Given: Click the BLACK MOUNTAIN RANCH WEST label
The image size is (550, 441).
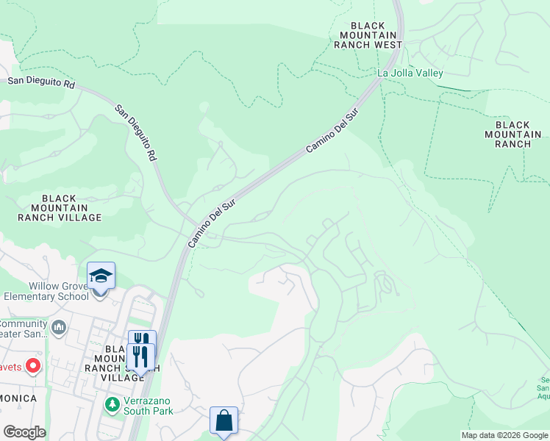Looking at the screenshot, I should [x=368, y=35].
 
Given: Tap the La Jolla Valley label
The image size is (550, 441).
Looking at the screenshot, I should [x=410, y=73].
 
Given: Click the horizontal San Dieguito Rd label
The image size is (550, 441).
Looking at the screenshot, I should [x=42, y=84].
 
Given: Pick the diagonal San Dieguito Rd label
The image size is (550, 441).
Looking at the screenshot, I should [x=136, y=132].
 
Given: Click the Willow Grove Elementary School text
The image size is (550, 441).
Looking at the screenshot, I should [x=46, y=292].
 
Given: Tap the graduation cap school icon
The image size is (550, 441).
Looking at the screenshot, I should [x=101, y=276].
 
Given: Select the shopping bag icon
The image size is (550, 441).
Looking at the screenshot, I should [x=224, y=421].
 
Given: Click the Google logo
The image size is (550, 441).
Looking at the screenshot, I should [x=24, y=432].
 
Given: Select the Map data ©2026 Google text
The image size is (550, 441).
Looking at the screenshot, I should [x=504, y=435].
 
